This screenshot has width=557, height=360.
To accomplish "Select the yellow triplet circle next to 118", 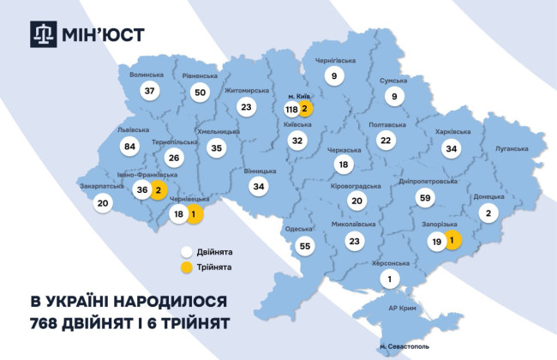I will coord(306,110).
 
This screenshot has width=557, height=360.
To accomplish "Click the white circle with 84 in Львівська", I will coord(130,147).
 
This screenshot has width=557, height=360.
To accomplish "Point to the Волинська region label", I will coord(146,75).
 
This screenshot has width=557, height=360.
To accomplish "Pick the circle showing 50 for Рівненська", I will coord(201,92).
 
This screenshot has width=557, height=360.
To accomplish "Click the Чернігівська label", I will coord(336,60).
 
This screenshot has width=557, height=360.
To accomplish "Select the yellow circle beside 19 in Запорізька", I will coord(452,242).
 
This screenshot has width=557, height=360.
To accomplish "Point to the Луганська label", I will coord(512,148).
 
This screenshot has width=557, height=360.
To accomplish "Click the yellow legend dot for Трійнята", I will coord(185,267).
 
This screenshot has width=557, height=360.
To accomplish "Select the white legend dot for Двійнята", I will coord(185,253).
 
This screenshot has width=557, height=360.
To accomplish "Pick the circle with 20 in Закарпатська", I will coord(103,203).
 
